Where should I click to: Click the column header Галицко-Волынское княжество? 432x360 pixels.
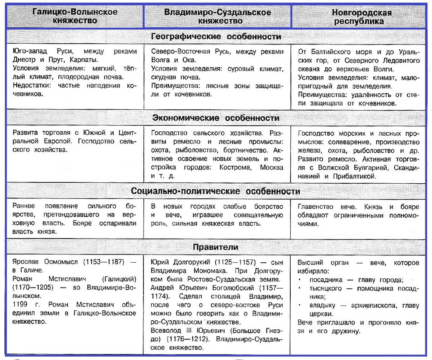(x=74, y=16)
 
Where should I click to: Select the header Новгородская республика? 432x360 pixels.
(x=362, y=16)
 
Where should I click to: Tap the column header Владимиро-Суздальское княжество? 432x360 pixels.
(x=218, y=16)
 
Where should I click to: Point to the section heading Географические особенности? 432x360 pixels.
(x=216, y=36)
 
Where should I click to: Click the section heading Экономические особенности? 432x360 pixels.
(x=216, y=118)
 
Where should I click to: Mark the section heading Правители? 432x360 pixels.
(x=216, y=248)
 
